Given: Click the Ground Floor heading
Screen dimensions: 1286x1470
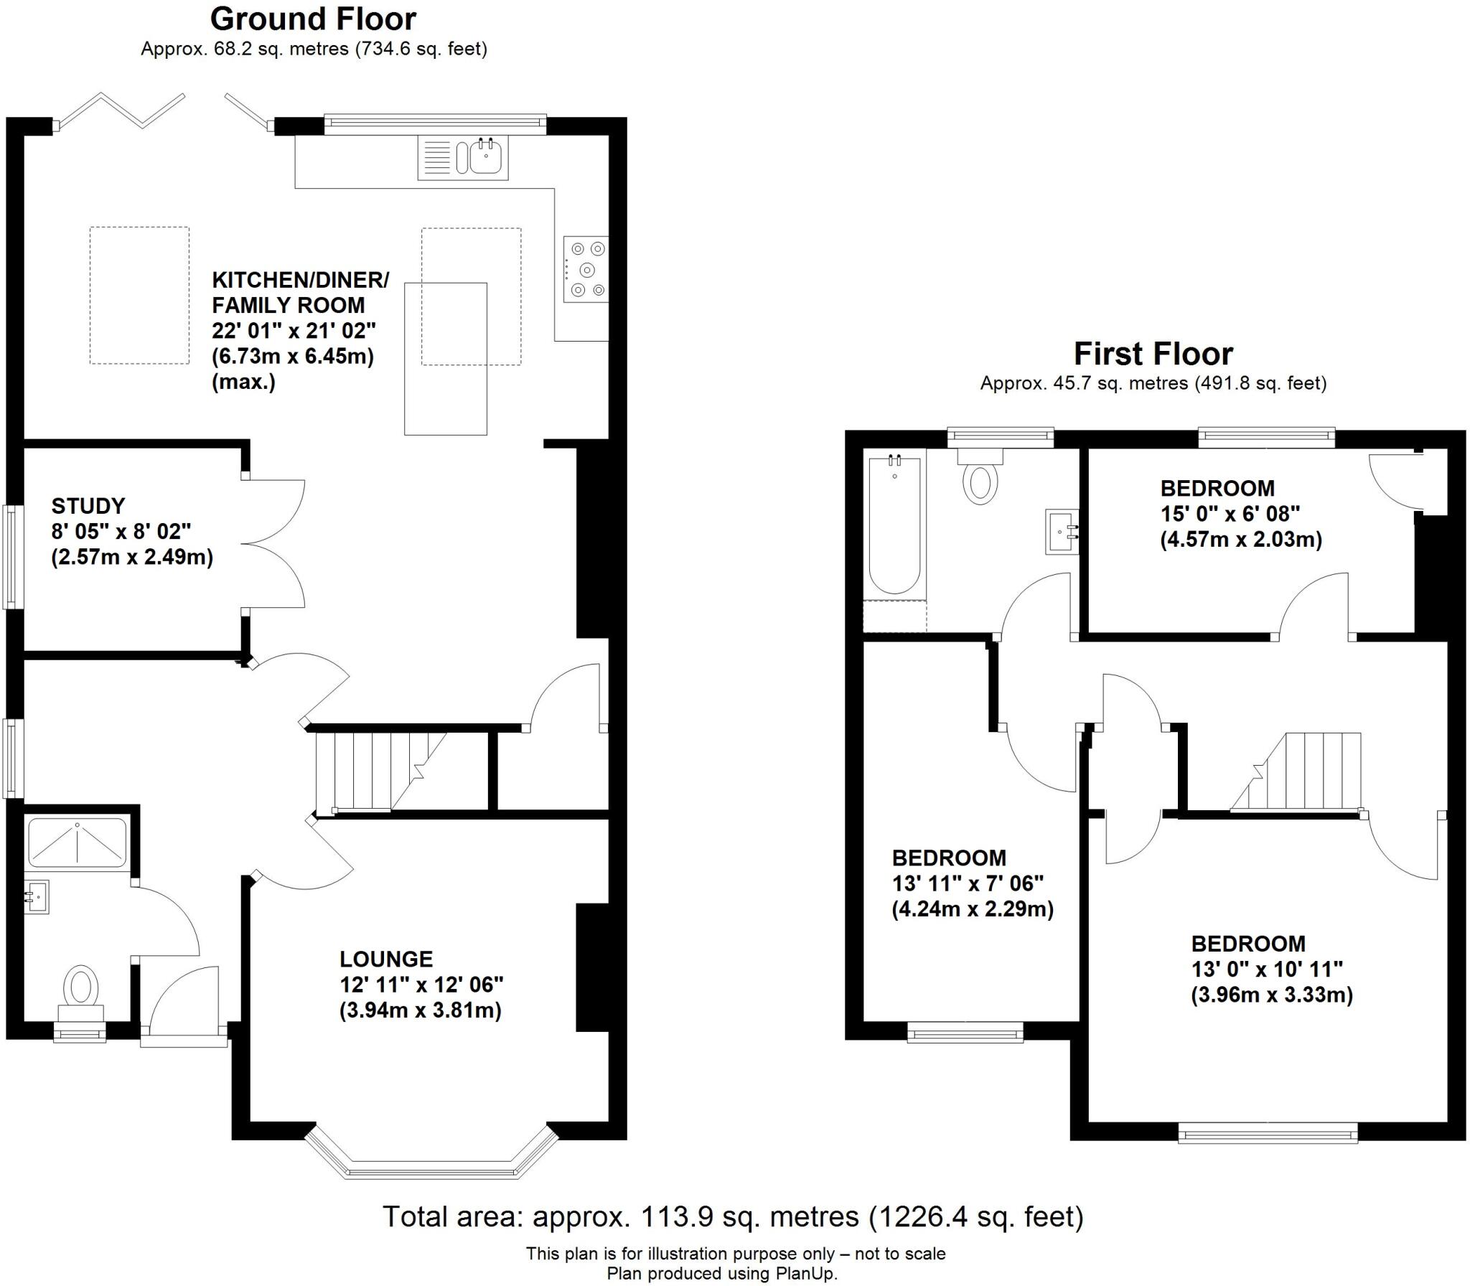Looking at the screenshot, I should coord(313,19).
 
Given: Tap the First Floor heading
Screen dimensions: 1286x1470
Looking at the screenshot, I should coord(1153,354).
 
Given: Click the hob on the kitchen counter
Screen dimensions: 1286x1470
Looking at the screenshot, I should coord(586,270).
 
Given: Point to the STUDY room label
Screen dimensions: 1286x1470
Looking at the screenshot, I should coord(88,506).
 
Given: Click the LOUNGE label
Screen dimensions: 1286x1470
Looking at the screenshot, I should coord(386,959).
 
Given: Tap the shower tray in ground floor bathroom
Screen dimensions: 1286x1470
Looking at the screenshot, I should coord(77,840).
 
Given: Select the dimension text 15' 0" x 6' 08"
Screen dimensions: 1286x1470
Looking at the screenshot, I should coord(1230,514).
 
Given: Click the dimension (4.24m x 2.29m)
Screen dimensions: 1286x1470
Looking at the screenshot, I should coord(973,909).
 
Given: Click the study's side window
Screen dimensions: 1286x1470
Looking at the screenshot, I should coord(11,558).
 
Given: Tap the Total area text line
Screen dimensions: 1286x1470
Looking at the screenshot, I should coord(732,1216).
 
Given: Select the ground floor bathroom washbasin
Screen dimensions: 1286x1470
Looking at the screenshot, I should coord(37,897).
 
